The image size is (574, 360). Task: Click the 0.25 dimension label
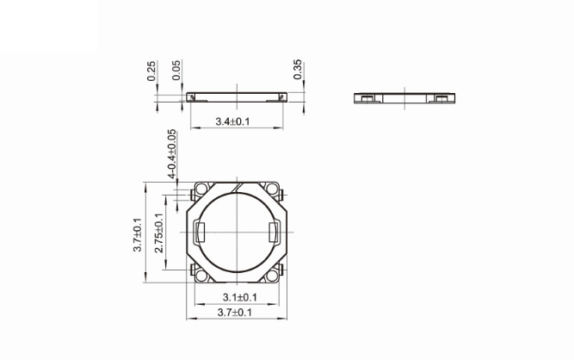151,71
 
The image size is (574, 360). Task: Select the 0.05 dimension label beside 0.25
176,71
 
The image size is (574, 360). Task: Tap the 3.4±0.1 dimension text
232,122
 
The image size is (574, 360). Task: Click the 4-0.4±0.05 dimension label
172,154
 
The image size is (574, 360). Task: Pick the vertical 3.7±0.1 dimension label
137,233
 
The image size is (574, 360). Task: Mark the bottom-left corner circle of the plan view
201,275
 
